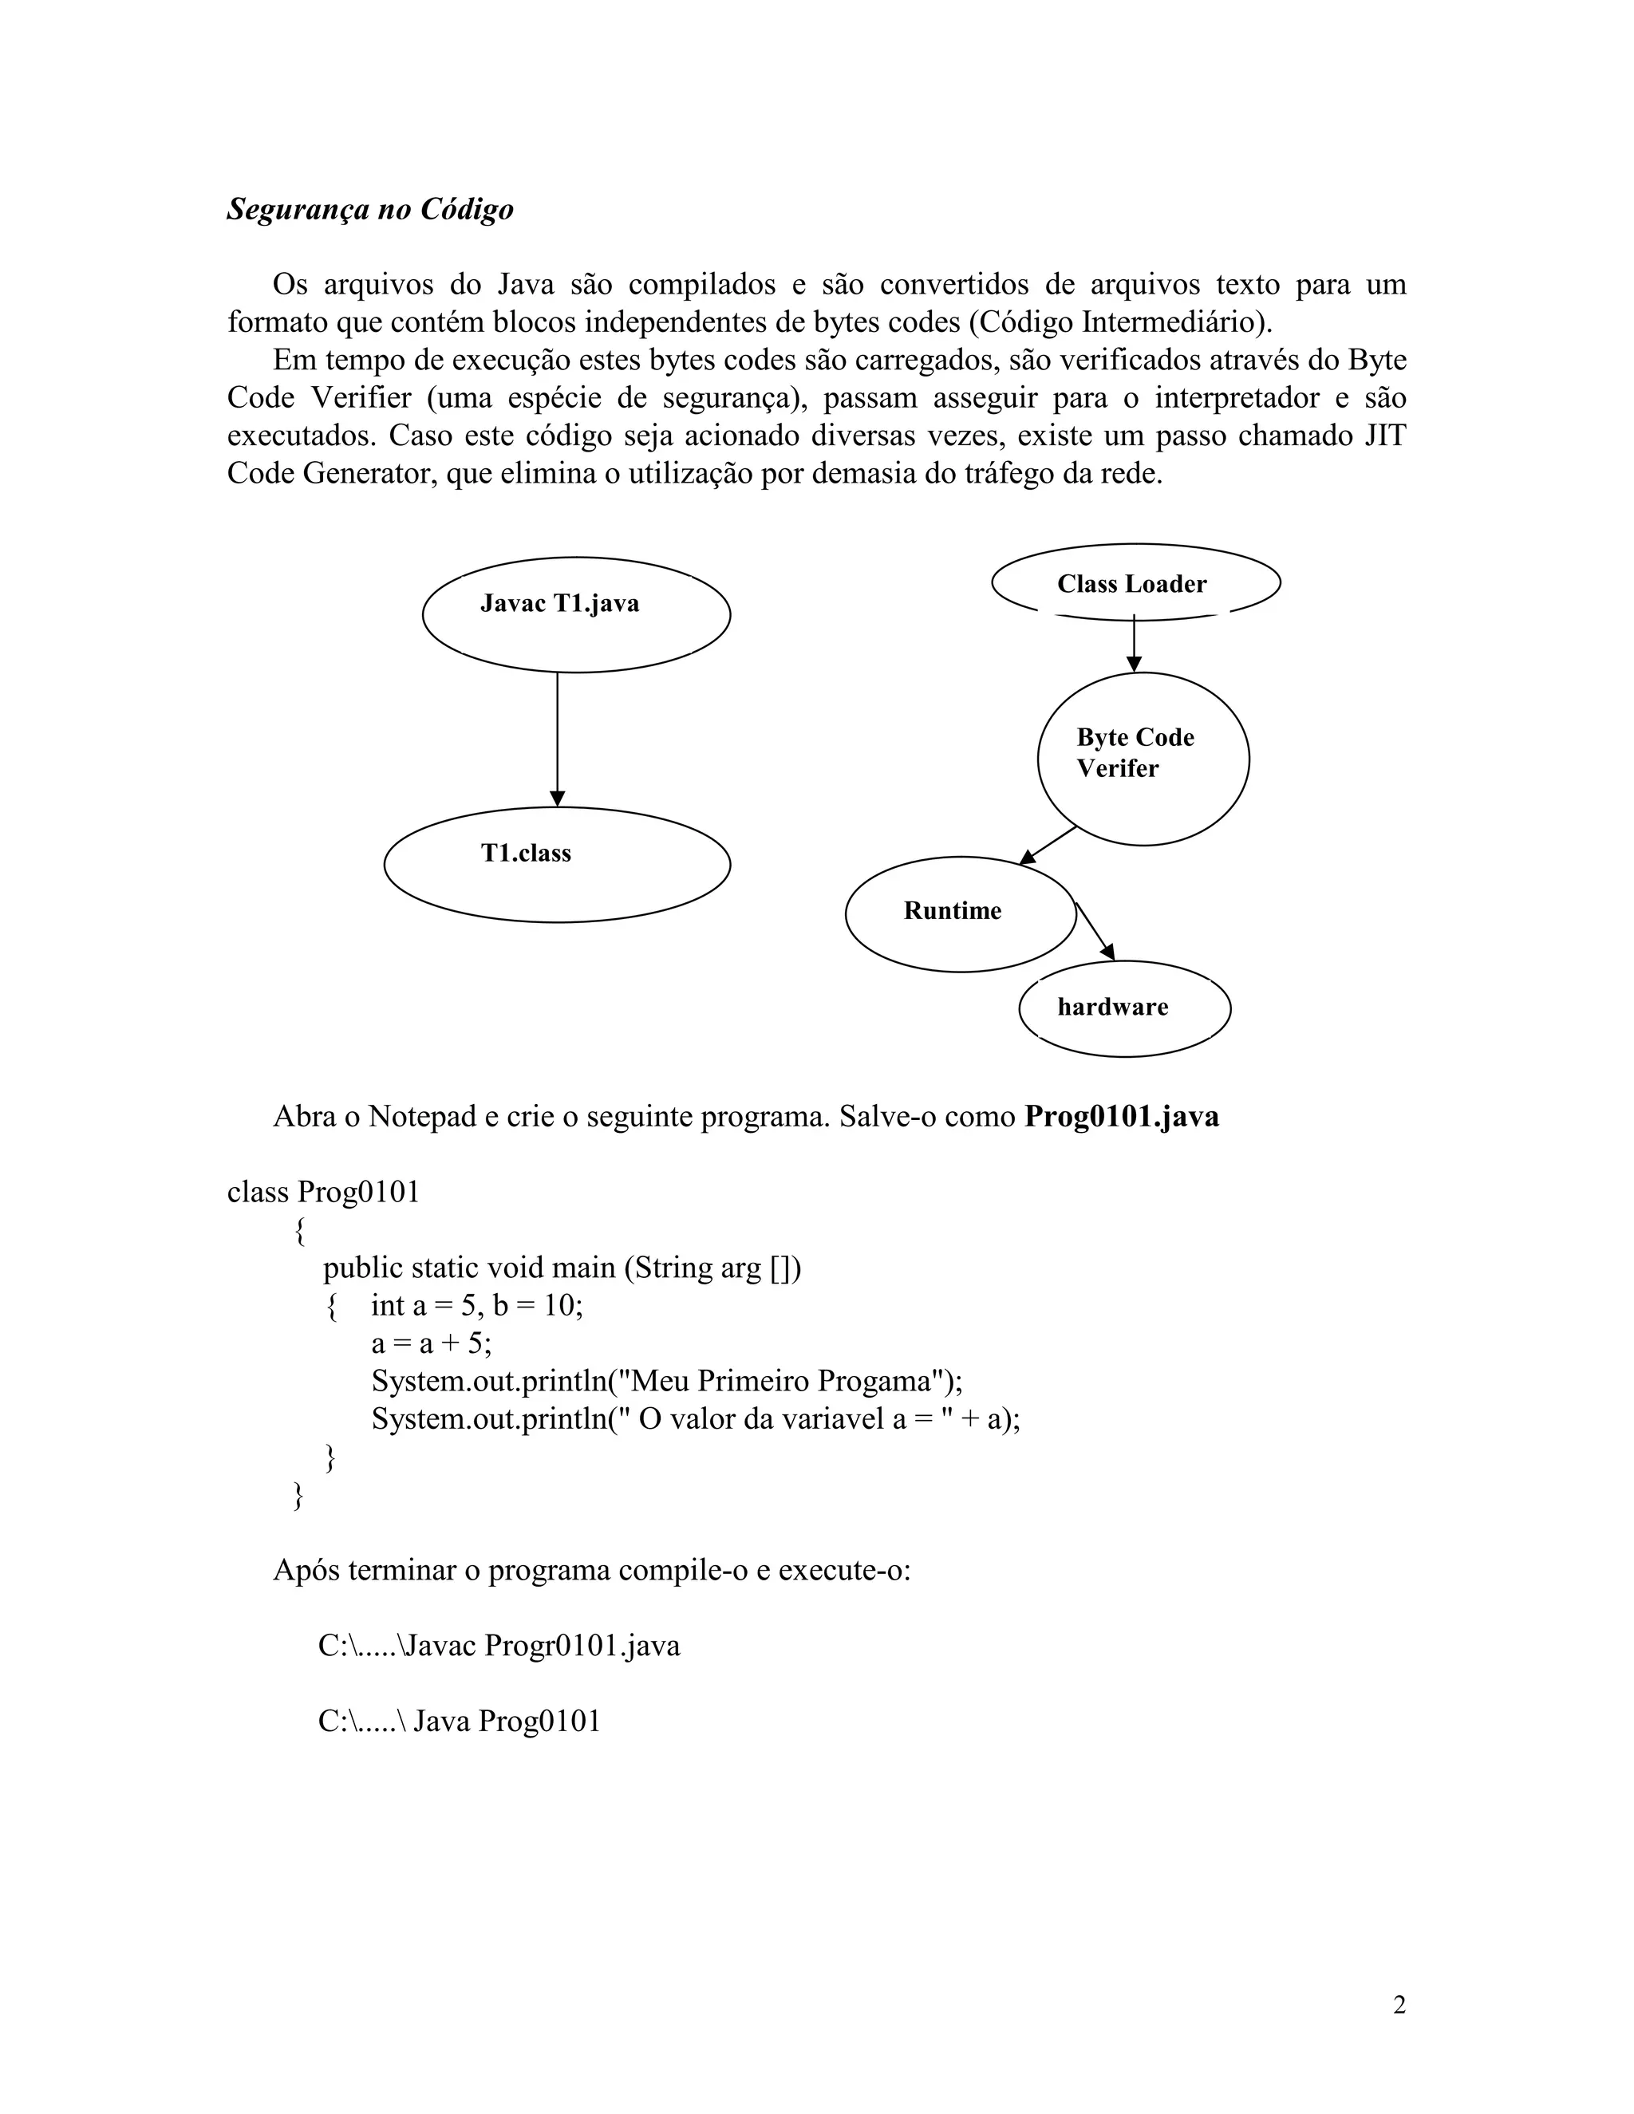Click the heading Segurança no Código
coord(369,210)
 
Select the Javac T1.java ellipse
coord(576,614)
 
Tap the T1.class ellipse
coord(557,865)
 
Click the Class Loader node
coord(1135,582)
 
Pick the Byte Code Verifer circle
coord(1143,759)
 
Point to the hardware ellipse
coord(1124,1008)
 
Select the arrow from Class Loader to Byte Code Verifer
coord(1134,644)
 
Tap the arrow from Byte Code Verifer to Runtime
coord(1049,844)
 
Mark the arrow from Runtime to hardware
coord(1095,931)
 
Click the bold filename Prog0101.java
coord(1121,1116)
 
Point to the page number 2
coord(1399,2005)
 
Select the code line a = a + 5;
coord(432,1343)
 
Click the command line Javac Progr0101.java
coord(499,1645)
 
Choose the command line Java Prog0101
coord(460,1720)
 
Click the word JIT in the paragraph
coord(1384,436)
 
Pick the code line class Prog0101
coord(324,1192)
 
